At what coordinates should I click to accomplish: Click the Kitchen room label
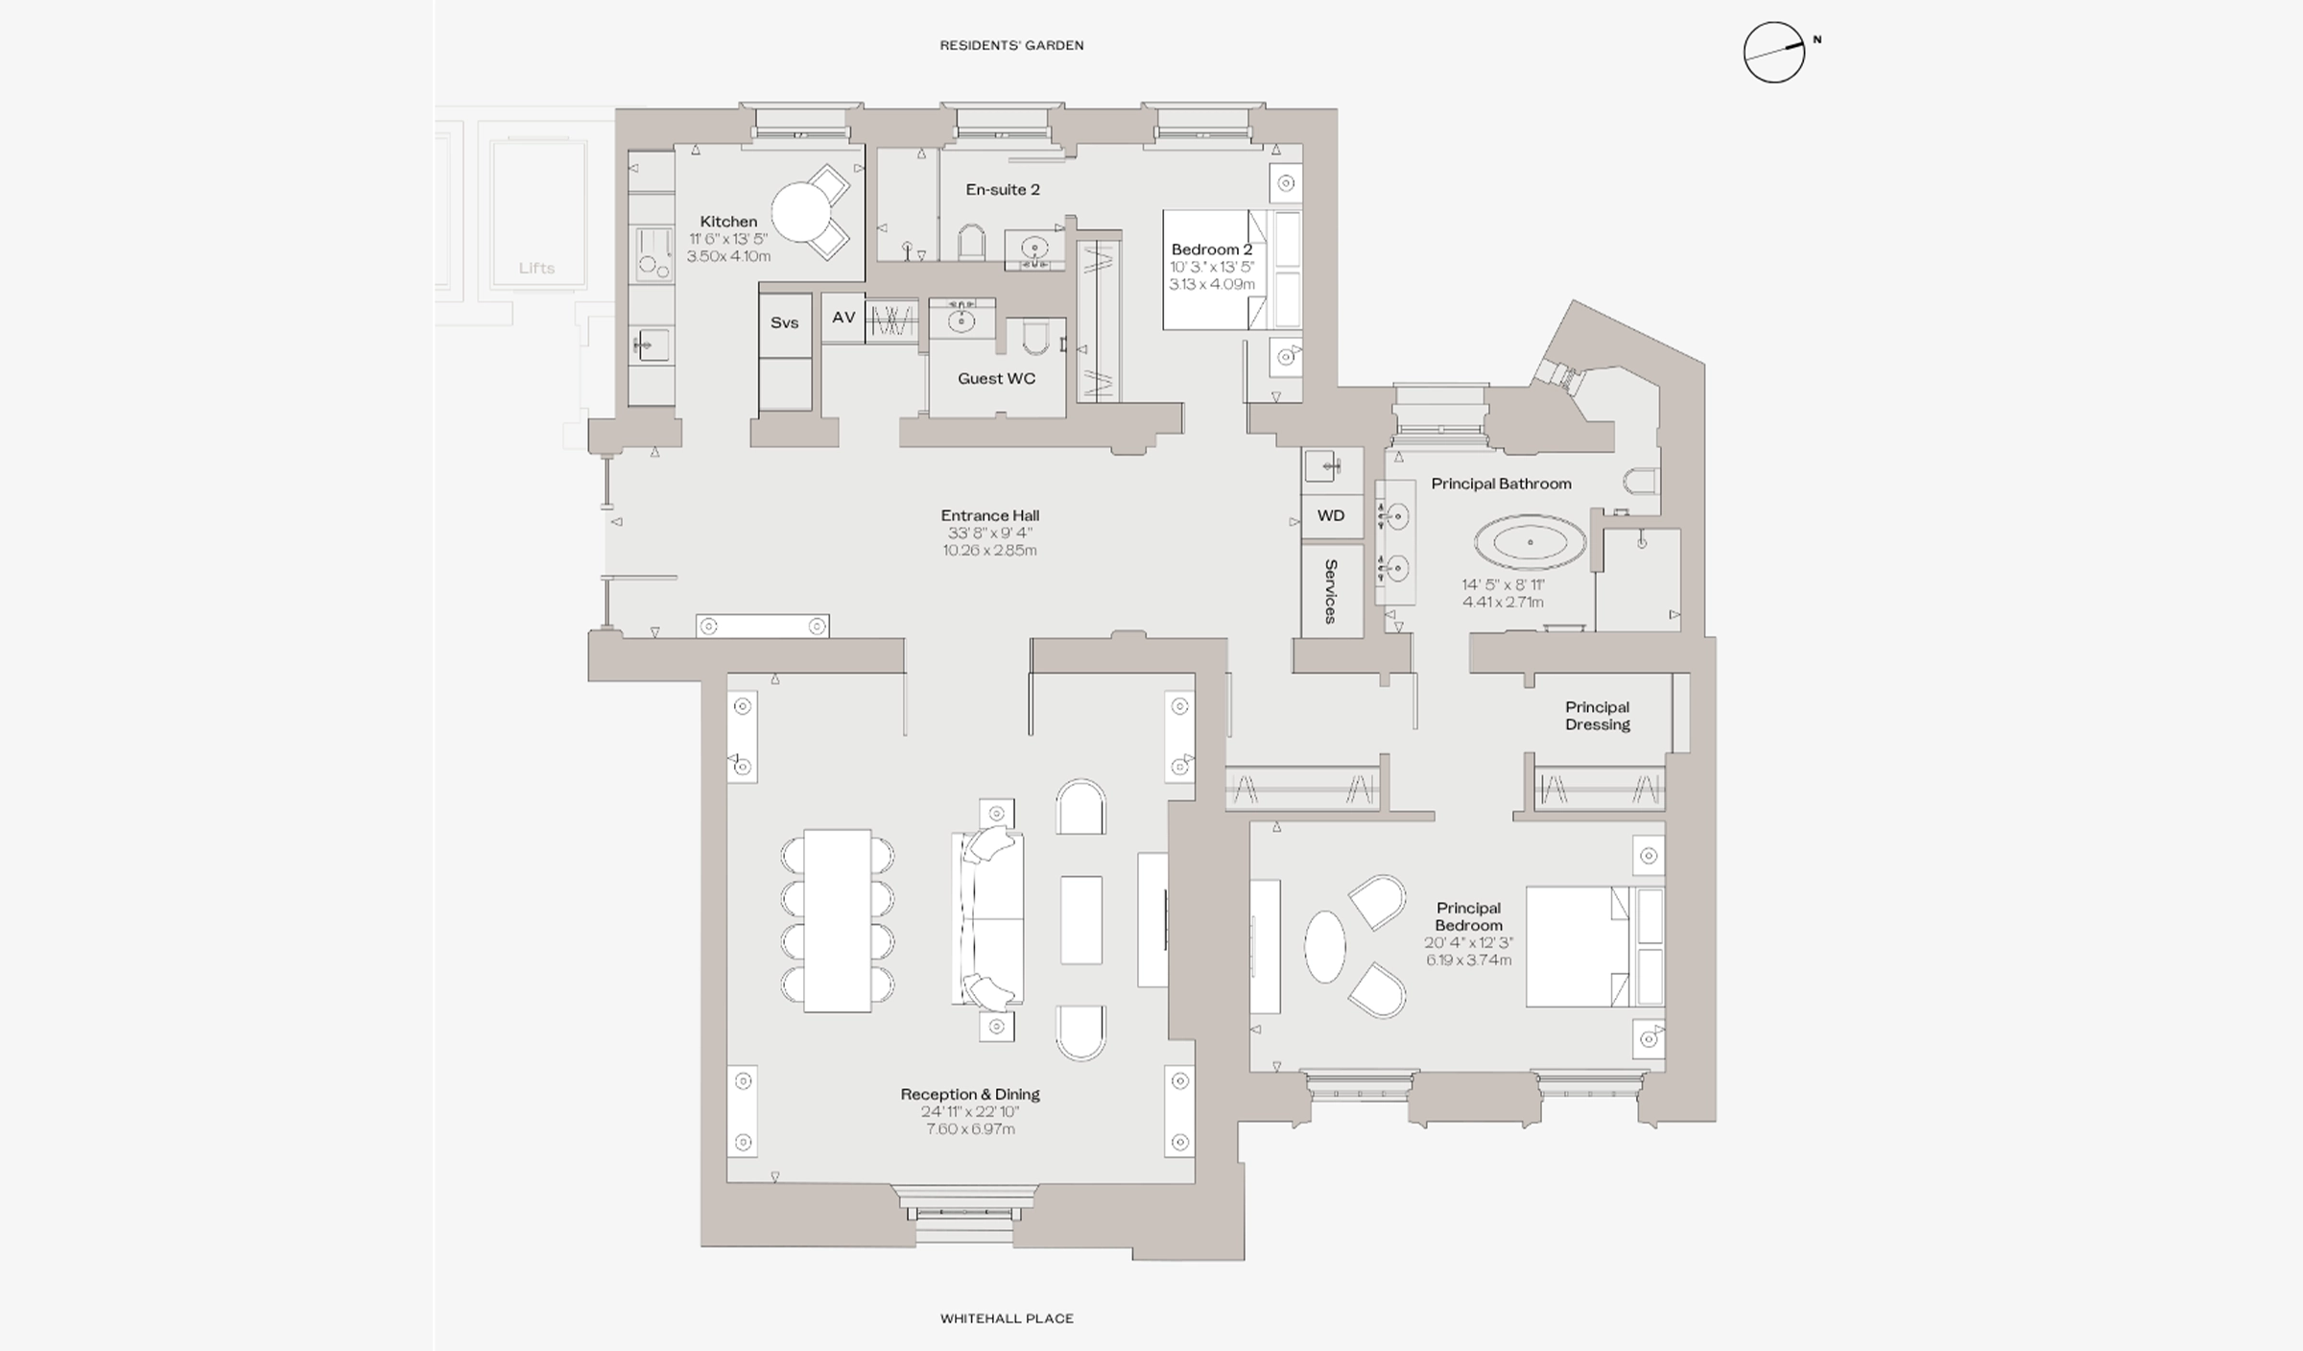click(728, 222)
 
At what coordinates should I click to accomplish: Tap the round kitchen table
click(802, 212)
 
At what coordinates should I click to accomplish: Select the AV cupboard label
click(843, 318)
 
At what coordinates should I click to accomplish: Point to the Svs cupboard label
click(785, 322)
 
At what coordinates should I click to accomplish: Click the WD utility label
click(1331, 515)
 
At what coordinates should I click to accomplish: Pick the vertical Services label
click(1331, 591)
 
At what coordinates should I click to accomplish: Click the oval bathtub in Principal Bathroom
click(1530, 543)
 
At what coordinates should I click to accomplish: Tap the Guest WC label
click(996, 379)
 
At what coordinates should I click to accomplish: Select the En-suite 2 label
click(1003, 190)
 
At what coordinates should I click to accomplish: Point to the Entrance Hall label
click(989, 515)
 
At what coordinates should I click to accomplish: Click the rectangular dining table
click(837, 921)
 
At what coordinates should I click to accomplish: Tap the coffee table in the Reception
click(1081, 919)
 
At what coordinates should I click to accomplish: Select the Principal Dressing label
click(1598, 716)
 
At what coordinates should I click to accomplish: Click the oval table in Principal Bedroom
click(1325, 946)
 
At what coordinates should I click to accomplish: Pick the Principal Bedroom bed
click(1595, 946)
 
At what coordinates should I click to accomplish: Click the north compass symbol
click(1774, 52)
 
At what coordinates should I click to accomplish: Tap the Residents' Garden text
click(1011, 45)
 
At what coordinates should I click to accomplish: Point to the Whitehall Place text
click(1007, 1318)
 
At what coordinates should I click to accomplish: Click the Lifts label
click(536, 269)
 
